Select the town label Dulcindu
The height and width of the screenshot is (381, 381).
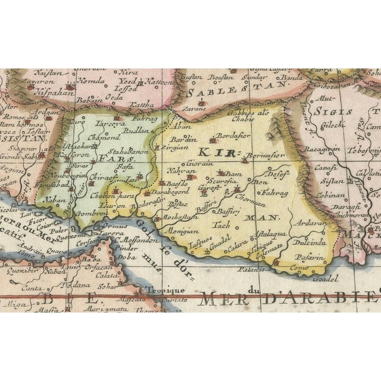[x=309, y=242]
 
